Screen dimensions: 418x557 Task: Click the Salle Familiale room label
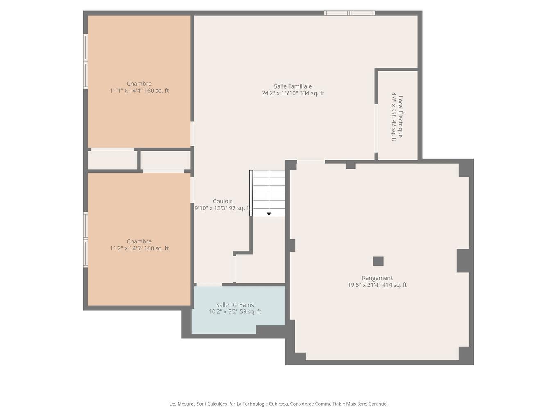[x=293, y=86]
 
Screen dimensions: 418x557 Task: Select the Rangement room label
[x=377, y=278]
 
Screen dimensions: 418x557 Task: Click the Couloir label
[x=222, y=201]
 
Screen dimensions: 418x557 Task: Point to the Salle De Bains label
[x=235, y=305]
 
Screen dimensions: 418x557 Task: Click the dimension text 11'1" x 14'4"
[x=139, y=91]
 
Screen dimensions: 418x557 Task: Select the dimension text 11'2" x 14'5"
[x=139, y=248]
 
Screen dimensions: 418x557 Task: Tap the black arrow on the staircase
[x=269, y=214]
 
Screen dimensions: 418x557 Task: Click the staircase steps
[x=269, y=193]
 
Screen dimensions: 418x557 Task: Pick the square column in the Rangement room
[x=378, y=261]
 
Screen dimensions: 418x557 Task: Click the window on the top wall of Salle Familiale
[x=349, y=13]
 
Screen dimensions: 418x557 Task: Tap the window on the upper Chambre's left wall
[x=86, y=61]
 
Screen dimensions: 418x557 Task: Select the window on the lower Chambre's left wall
[x=86, y=240]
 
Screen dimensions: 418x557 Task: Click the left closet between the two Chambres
[x=113, y=160]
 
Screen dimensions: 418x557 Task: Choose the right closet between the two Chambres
[x=166, y=160]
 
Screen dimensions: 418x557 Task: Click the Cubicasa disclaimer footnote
[x=278, y=404]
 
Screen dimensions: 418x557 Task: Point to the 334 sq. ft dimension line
[x=293, y=93]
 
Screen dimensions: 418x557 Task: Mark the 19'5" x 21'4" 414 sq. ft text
[x=377, y=285]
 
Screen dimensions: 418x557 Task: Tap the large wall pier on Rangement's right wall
[x=463, y=260]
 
